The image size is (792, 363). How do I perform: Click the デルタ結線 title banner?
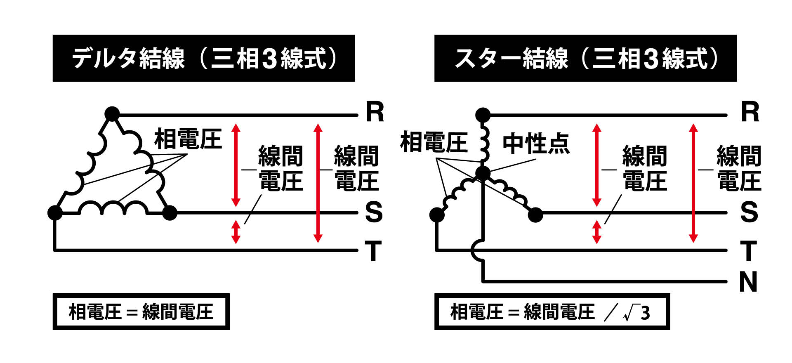(204, 58)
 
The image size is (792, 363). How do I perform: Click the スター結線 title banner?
(585, 58)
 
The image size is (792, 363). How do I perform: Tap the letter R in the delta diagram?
(375, 112)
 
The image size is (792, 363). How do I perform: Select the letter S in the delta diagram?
(374, 212)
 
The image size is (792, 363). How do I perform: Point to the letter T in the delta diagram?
(373, 251)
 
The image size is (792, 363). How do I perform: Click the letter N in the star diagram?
(748, 282)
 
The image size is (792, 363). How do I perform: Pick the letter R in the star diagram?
(750, 112)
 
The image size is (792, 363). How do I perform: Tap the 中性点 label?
(536, 144)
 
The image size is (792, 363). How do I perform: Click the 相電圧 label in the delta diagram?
(188, 139)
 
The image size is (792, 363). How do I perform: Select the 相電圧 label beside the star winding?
(434, 142)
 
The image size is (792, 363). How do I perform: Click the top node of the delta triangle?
(112, 114)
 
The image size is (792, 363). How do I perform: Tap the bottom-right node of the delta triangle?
(170, 213)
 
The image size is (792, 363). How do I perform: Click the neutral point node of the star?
(483, 173)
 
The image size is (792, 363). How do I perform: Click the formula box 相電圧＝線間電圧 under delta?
(141, 312)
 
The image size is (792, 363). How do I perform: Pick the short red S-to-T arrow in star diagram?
(596, 232)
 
